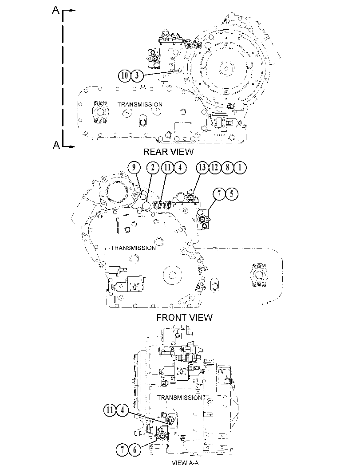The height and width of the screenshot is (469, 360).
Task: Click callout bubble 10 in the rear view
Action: (x=124, y=75)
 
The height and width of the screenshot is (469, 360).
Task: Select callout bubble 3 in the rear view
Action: (x=137, y=75)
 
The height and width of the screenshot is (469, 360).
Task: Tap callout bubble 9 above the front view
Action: (x=134, y=168)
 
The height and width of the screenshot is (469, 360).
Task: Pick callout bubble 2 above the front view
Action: (x=153, y=168)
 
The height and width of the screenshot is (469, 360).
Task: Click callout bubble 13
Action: (x=202, y=168)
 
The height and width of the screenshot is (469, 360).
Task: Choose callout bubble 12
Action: (x=215, y=168)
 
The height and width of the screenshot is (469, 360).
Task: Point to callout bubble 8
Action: (x=227, y=168)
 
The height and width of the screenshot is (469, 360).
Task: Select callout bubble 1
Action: (x=240, y=168)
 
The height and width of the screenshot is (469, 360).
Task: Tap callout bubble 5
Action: (x=232, y=194)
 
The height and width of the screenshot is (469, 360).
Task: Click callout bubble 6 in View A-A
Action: (x=135, y=450)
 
